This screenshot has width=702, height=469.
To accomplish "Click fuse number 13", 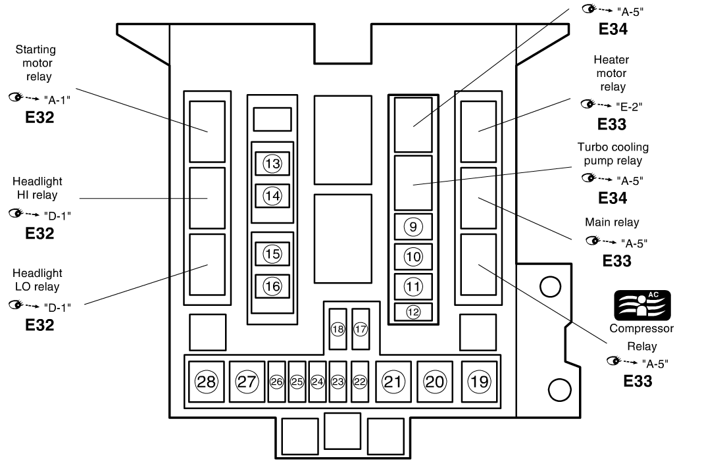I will (x=272, y=164).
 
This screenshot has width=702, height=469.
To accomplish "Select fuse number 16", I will (x=272, y=285).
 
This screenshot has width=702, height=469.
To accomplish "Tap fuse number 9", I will (x=413, y=227).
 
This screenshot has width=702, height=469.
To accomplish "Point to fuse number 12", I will (x=413, y=312).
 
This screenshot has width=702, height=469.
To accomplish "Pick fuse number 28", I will (x=206, y=382).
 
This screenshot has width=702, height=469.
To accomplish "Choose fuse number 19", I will (x=479, y=381).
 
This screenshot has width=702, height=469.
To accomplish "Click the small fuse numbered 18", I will (x=338, y=329).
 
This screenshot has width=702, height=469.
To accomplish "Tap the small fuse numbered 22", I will (x=359, y=382).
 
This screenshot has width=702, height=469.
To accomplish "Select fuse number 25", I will (x=297, y=382).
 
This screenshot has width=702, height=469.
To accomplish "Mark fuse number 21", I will (x=393, y=381).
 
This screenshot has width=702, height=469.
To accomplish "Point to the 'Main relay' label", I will (x=612, y=222).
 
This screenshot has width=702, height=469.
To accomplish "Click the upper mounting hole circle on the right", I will (x=549, y=285).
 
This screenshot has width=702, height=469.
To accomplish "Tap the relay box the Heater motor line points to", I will (x=478, y=126).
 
